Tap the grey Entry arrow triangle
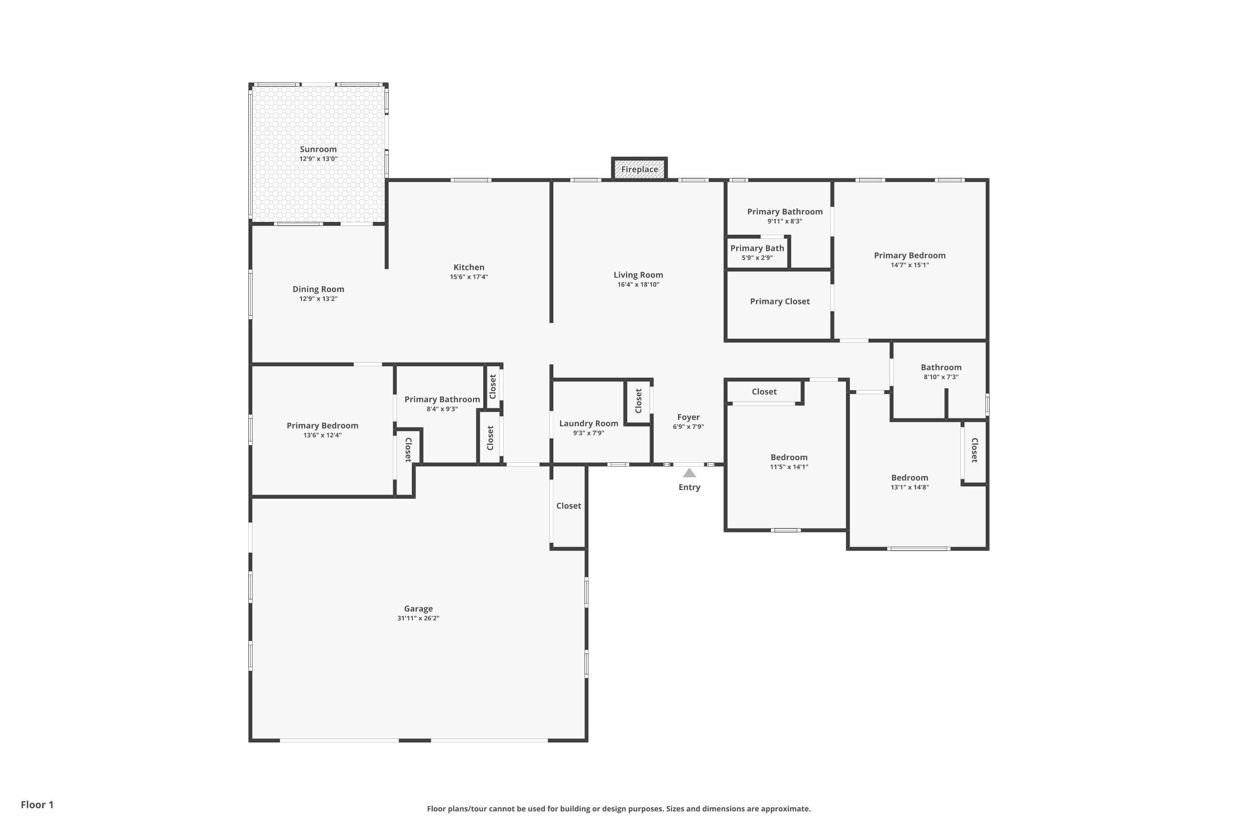click(689, 473)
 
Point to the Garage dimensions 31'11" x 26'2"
click(418, 618)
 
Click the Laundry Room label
click(588, 424)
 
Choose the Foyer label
click(688, 417)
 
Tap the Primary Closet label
click(780, 302)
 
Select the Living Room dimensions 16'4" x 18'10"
click(638, 285)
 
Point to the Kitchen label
click(468, 267)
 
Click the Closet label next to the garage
click(569, 506)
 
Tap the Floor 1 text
click(37, 804)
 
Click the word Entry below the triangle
click(689, 487)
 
